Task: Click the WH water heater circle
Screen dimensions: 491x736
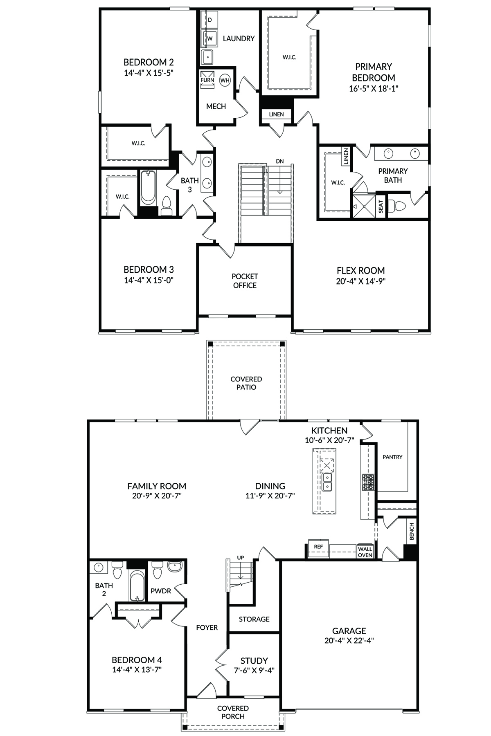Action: (x=225, y=80)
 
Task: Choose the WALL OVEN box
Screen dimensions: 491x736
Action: (x=365, y=552)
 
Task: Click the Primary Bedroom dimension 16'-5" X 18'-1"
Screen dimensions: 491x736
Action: (x=374, y=88)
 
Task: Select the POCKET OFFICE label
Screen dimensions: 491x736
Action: (x=245, y=281)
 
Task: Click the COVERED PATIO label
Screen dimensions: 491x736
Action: (x=246, y=383)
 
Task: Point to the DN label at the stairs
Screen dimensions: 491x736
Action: (x=279, y=161)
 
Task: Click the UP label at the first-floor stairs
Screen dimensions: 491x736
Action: (x=241, y=558)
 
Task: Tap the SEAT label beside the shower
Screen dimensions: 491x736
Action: (x=381, y=206)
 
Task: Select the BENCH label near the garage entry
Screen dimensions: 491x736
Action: (x=412, y=531)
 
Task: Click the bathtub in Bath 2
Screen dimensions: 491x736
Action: (x=137, y=586)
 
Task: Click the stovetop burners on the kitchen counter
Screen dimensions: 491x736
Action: (x=368, y=482)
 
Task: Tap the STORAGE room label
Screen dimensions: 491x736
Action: (x=254, y=619)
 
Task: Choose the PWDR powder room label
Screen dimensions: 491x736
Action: (x=161, y=591)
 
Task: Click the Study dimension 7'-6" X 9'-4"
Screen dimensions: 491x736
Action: (x=254, y=670)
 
